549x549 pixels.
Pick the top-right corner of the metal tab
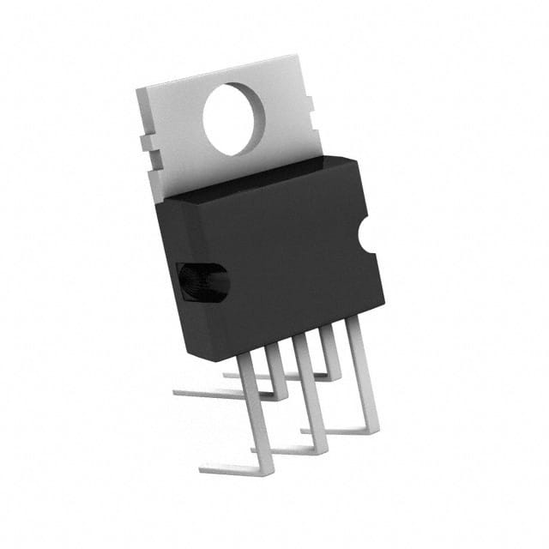(x=298, y=57)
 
